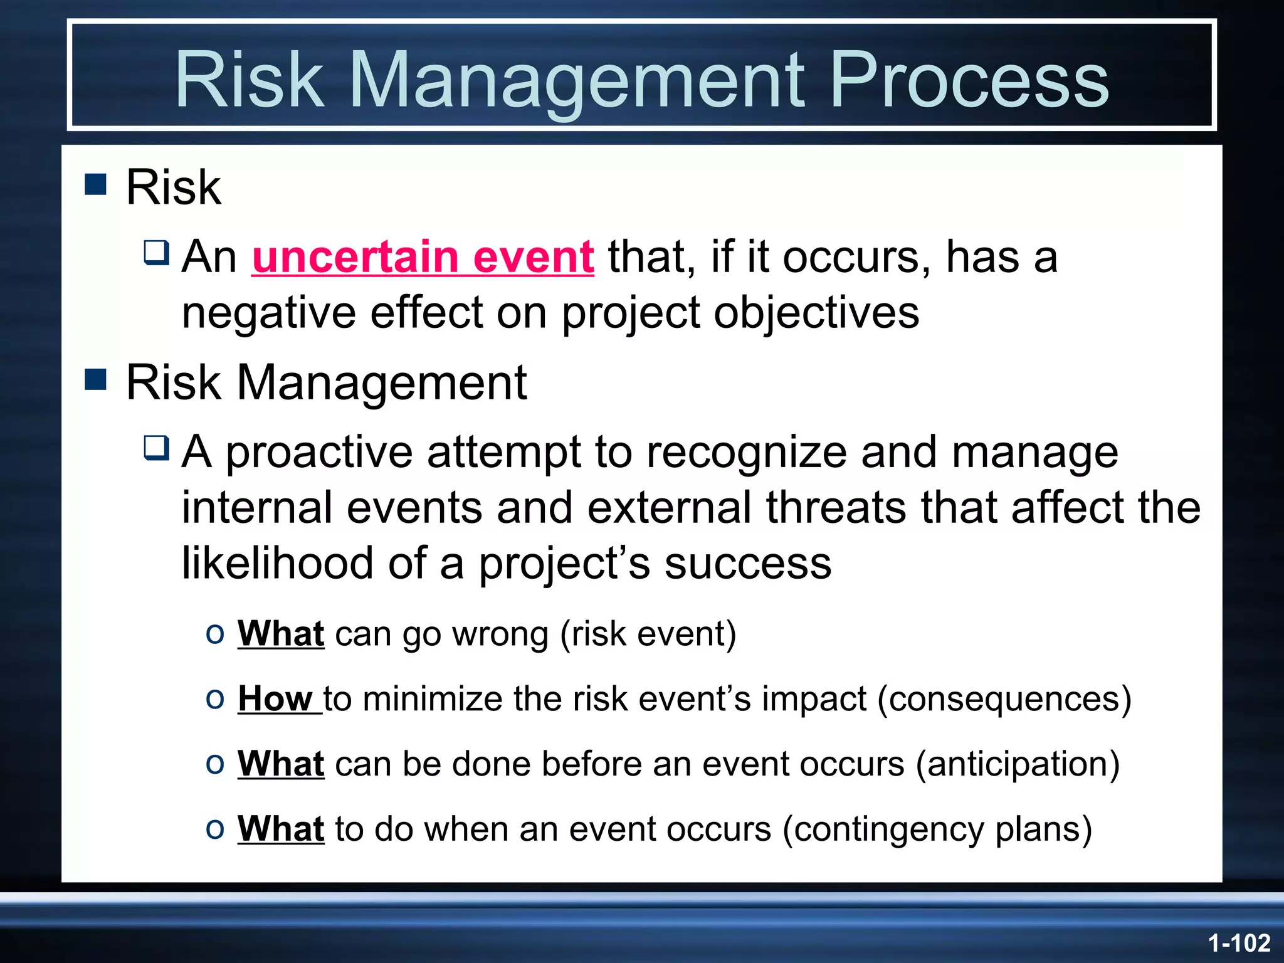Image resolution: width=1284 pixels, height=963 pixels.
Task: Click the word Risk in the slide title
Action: tap(249, 80)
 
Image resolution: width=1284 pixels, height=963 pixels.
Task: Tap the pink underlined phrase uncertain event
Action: tap(423, 257)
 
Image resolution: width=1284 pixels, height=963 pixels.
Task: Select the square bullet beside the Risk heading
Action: tap(96, 184)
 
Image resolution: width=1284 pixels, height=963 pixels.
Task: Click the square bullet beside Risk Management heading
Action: tap(96, 379)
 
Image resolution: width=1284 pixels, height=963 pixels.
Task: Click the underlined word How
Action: tap(275, 698)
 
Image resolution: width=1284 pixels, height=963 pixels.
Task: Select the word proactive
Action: tap(319, 452)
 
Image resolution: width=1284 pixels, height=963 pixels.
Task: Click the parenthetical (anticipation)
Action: tap(1018, 764)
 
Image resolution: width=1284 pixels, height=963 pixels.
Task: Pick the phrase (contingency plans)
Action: tap(937, 829)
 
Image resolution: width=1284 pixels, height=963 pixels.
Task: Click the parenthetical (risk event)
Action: tap(648, 633)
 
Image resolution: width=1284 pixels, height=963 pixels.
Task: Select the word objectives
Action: tap(816, 312)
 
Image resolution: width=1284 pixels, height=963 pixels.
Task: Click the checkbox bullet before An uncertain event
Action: tap(157, 253)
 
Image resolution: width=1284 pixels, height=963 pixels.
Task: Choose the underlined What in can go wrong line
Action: tap(281, 633)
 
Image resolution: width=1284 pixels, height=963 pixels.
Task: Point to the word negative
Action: tap(269, 312)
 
